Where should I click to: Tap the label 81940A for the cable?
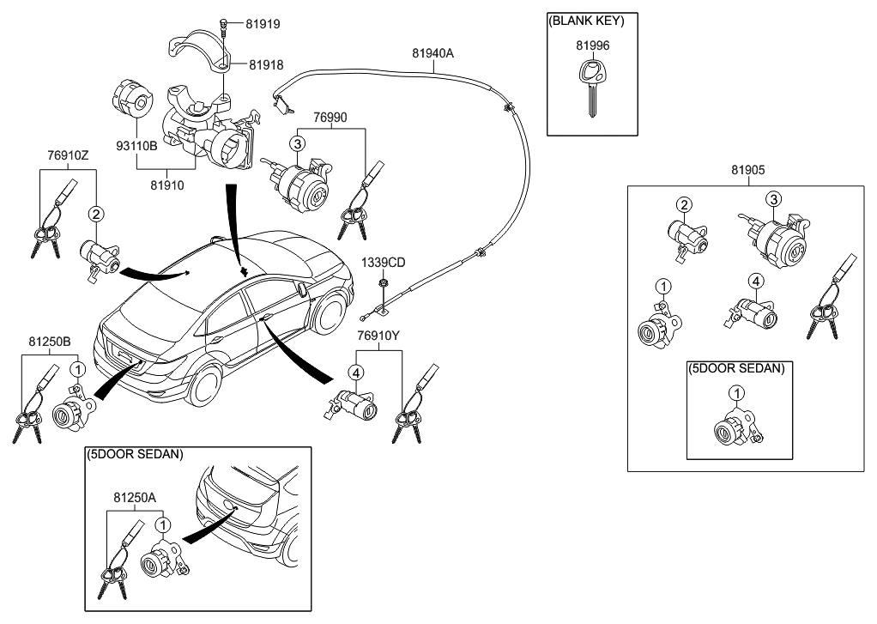coord(432,53)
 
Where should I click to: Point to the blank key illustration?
coord(590,89)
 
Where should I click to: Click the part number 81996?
coord(592,45)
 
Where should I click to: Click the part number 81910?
coord(168,184)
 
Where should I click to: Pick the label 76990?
coord(330,116)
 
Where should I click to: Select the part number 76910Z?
coord(68,155)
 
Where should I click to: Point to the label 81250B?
coord(50,342)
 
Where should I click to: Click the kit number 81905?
coord(747,171)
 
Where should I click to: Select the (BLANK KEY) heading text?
coord(591,20)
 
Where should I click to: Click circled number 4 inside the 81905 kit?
coord(754,280)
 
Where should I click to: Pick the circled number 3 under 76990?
coord(297,143)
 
